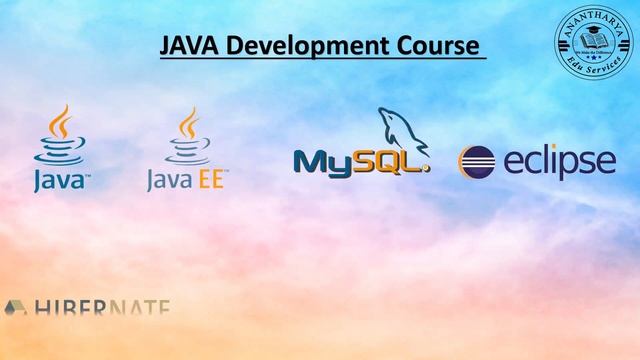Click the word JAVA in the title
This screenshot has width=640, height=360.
point(186,46)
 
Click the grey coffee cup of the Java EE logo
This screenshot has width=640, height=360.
point(187,137)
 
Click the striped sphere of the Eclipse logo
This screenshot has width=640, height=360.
point(477,163)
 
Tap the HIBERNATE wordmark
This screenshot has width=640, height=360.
point(100,309)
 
